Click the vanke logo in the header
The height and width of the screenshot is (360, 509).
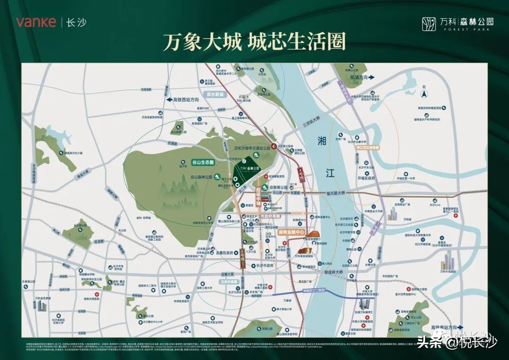(x=36, y=22)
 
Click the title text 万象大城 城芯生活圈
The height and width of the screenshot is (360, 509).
(x=254, y=42)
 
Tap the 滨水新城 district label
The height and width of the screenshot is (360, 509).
(x=214, y=94)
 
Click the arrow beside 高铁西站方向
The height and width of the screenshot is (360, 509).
(x=168, y=100)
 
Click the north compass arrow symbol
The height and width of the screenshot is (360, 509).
(x=424, y=94)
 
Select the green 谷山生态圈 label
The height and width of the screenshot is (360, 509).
(x=202, y=162)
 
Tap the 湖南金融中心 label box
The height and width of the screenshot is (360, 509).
(x=292, y=233)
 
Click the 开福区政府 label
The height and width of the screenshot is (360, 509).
(x=366, y=179)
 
